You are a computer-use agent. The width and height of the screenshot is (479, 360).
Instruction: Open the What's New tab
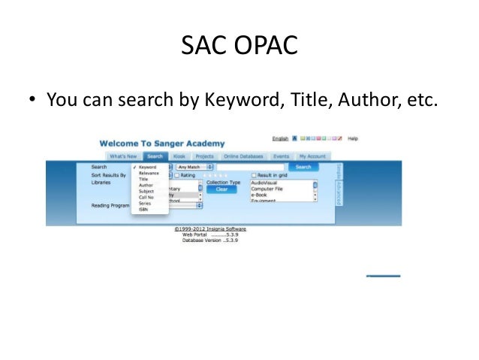tap(122, 156)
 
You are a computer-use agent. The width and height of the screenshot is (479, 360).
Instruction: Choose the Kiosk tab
tap(179, 156)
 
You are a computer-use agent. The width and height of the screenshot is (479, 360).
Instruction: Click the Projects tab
tap(204, 156)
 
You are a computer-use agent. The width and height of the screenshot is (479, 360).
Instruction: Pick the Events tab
tap(281, 156)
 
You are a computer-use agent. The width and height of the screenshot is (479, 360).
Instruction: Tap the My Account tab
tap(312, 156)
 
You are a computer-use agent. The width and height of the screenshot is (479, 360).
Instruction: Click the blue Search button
tap(303, 167)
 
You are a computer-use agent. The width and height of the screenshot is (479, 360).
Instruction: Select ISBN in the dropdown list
tap(143, 210)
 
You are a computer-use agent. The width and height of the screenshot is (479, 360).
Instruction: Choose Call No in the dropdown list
tap(146, 197)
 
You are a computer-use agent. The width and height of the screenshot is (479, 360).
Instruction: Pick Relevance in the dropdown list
tap(149, 174)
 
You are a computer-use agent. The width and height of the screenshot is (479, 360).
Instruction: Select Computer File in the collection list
tap(267, 189)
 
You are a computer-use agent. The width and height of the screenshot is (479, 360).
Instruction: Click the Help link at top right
tap(353, 139)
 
